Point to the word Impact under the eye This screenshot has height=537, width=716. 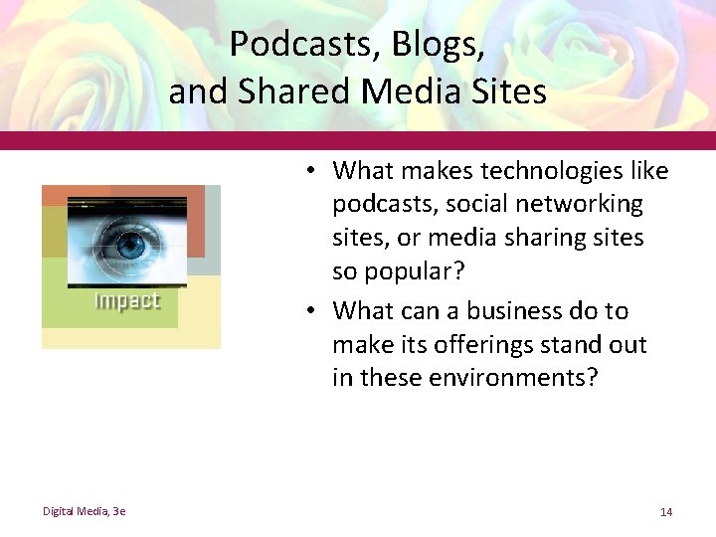coord(126,301)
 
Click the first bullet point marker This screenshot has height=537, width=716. coord(312,171)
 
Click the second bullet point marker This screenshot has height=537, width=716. coord(312,311)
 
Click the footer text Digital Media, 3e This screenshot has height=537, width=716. coord(84,511)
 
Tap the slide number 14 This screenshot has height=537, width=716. coord(665,511)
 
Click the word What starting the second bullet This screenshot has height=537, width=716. coord(363,311)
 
